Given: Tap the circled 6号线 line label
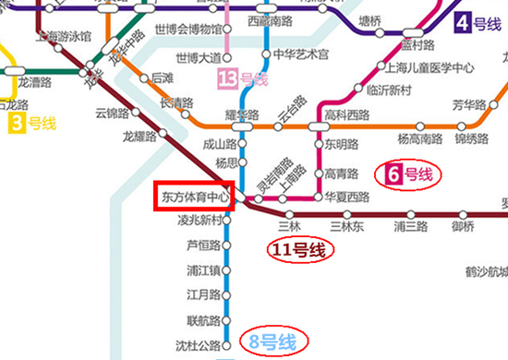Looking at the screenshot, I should [407, 174].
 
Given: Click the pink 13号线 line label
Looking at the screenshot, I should [241, 79].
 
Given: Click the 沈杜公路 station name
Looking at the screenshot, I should [204, 345].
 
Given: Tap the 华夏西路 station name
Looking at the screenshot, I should [347, 197].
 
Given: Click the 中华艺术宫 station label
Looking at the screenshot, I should [301, 54].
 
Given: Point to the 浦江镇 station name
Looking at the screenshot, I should [203, 270].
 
